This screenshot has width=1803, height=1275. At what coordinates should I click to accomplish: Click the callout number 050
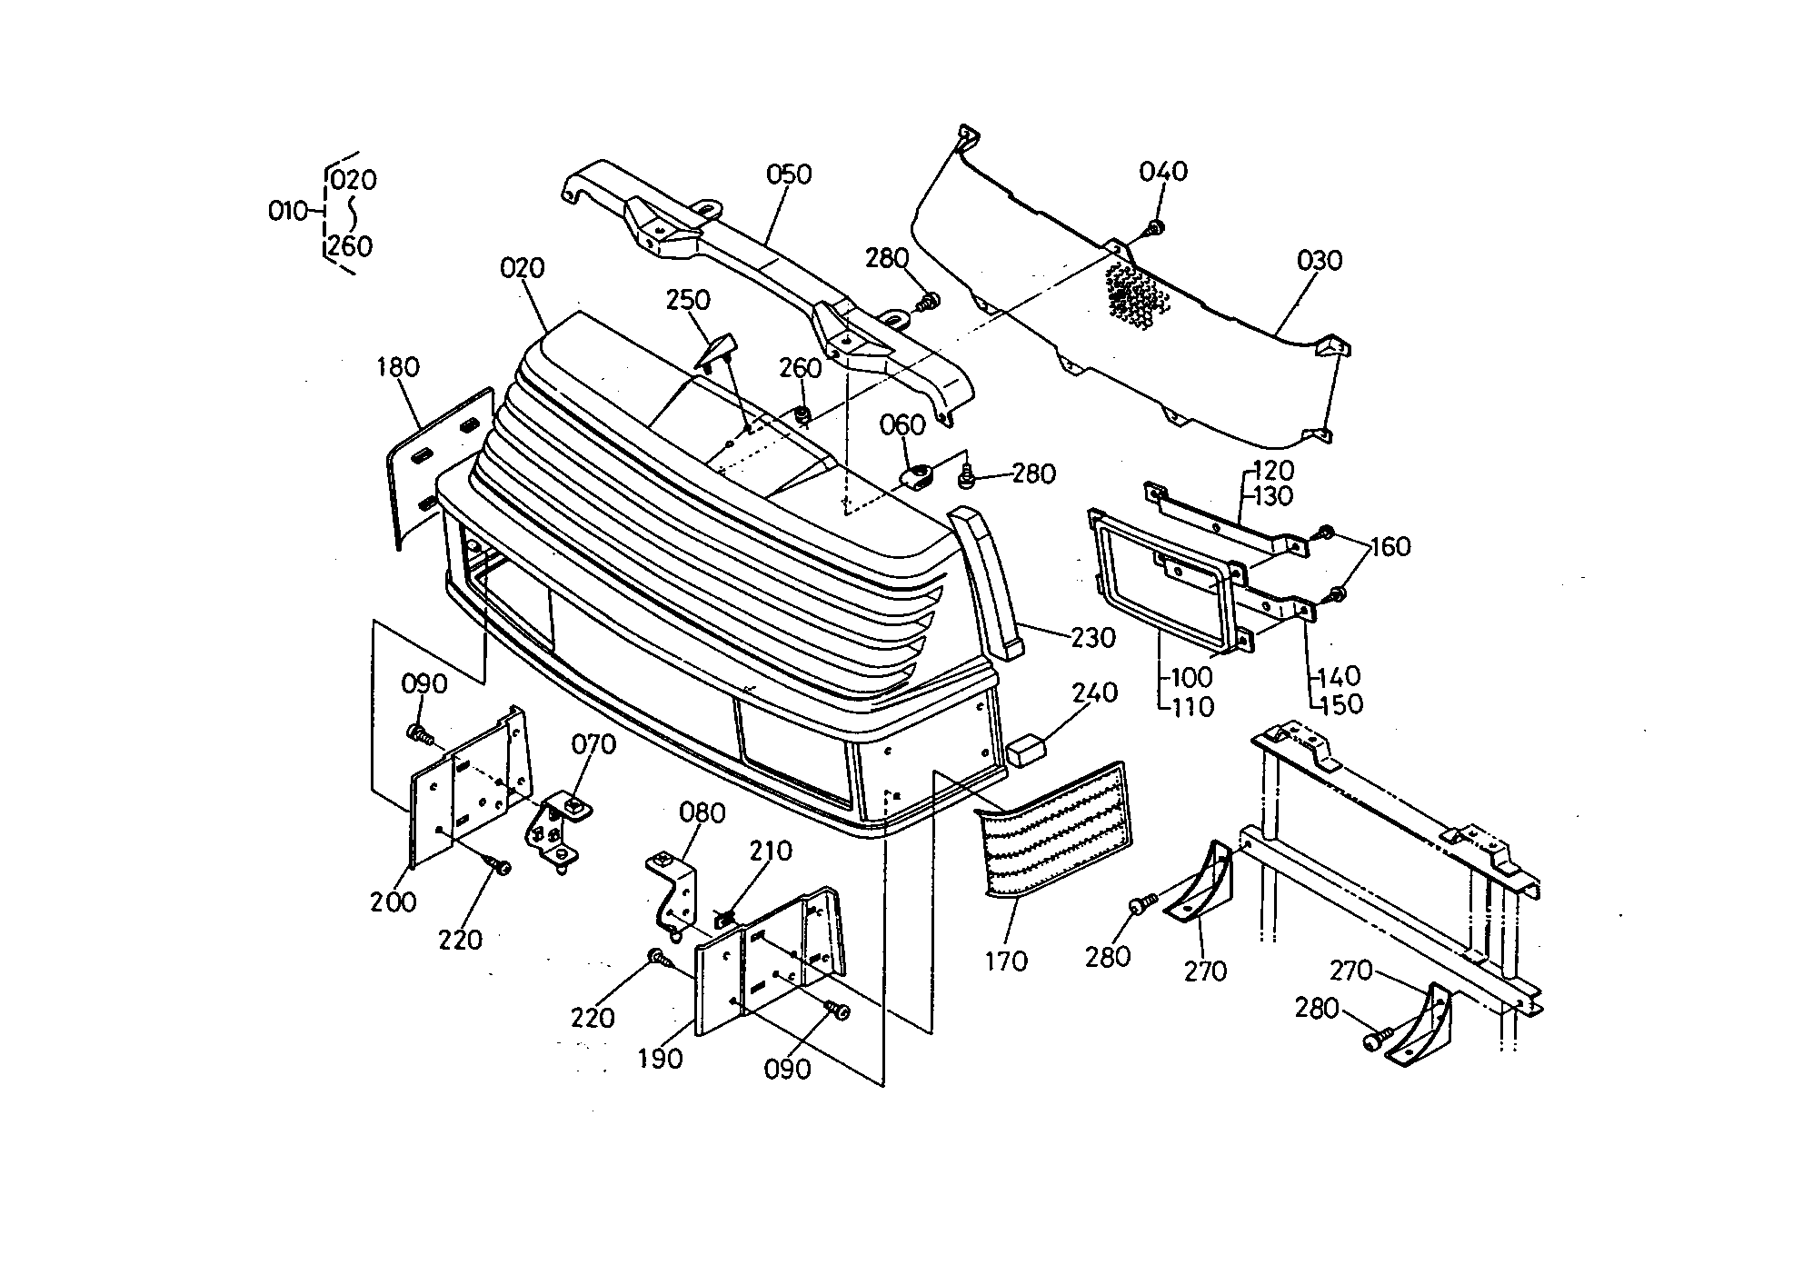click(789, 174)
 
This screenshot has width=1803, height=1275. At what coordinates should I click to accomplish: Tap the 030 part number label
click(1319, 261)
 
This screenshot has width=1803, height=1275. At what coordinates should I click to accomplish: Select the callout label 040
click(1163, 171)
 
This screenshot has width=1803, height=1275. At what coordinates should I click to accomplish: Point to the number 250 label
click(688, 300)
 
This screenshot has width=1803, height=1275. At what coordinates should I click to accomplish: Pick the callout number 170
click(1005, 961)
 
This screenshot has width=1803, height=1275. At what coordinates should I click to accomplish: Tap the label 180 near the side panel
click(398, 367)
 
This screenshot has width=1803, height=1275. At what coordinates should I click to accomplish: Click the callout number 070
click(593, 744)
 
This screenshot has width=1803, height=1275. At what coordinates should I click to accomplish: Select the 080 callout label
click(702, 812)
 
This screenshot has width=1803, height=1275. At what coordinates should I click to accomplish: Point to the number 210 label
click(771, 852)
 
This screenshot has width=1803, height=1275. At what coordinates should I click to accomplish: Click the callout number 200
click(393, 902)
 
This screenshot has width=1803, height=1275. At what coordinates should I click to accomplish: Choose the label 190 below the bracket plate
click(660, 1059)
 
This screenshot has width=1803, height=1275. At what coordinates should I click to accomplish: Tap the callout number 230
click(1092, 638)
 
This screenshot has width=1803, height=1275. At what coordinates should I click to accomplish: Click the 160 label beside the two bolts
click(1390, 547)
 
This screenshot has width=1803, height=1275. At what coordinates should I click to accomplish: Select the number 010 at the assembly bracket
click(288, 211)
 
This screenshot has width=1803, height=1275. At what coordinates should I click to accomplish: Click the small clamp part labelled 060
click(918, 476)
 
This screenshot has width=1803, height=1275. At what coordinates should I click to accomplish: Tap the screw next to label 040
click(1155, 227)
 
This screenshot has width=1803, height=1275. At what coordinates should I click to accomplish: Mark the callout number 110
click(1191, 706)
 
